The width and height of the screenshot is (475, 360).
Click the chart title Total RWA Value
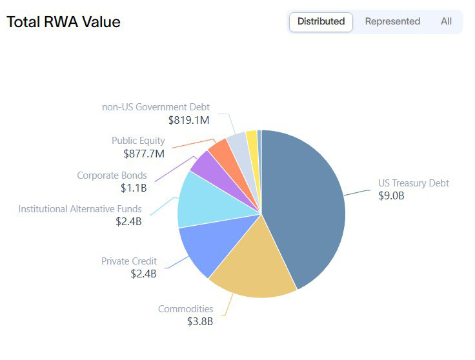click(63, 22)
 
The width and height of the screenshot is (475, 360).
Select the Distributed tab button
click(321, 21)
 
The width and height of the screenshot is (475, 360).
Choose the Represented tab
click(392, 21)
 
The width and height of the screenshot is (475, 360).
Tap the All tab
click(446, 21)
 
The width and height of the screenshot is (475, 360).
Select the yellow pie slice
click(252, 137)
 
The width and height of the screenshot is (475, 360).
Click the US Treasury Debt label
click(413, 183)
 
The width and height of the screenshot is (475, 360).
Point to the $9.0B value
click(391, 195)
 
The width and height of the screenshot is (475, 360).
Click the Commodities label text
click(185, 309)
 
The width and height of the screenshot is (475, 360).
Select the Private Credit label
click(128, 261)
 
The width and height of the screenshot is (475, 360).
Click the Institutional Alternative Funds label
click(80, 209)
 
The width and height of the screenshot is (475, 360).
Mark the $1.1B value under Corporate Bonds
click(134, 188)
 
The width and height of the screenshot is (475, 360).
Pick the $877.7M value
click(144, 153)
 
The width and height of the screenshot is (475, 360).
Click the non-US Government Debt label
click(156, 107)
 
